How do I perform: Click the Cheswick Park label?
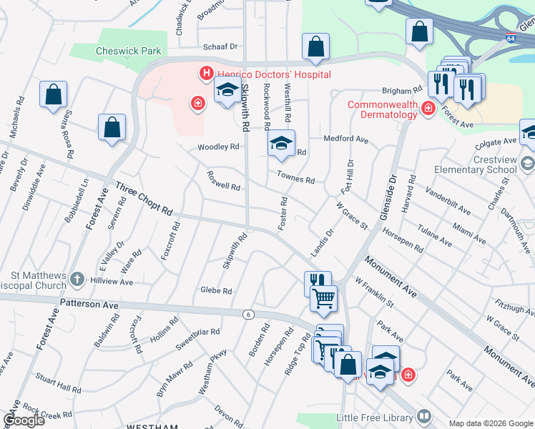(x=129, y=51)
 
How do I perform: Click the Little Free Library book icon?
(x=424, y=415)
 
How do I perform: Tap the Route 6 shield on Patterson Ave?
(x=248, y=314)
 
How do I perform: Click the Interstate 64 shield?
(x=510, y=37)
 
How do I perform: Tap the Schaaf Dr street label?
(x=220, y=46)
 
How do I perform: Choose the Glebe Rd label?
(x=217, y=291)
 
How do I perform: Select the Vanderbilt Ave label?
(x=448, y=201)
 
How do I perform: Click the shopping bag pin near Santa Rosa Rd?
(x=53, y=94)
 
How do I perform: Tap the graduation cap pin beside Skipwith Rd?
(x=227, y=90)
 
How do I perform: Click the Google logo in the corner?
(x=24, y=420)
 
